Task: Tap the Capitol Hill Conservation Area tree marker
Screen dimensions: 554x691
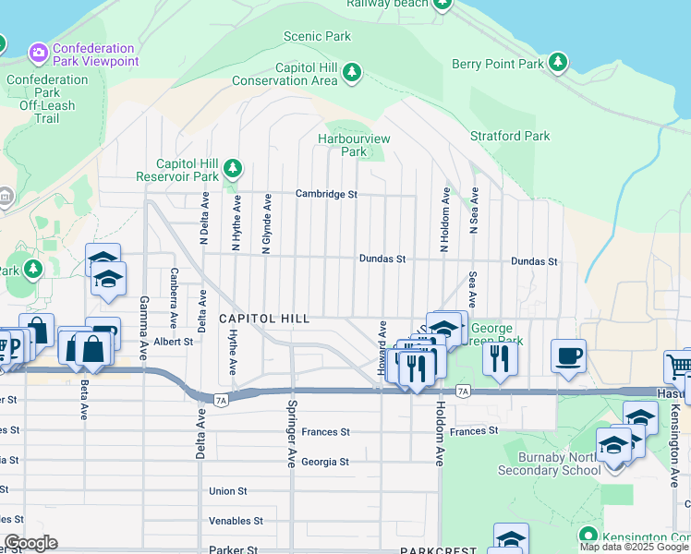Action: pos(351,72)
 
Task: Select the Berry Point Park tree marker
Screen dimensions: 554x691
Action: pos(558,63)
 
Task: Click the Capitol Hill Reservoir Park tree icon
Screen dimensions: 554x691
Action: pos(234,168)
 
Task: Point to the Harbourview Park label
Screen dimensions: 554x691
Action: pos(354,145)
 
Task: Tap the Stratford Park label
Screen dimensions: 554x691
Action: pos(510,136)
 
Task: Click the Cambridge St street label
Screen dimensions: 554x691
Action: pos(326,194)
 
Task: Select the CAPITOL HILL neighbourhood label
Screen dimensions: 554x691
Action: pos(263,318)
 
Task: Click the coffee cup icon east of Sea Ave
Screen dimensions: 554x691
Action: pos(568,355)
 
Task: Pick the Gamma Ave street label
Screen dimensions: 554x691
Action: pos(144,328)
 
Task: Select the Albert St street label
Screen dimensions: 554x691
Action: pos(174,341)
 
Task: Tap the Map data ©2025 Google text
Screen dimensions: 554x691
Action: pos(634,547)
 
